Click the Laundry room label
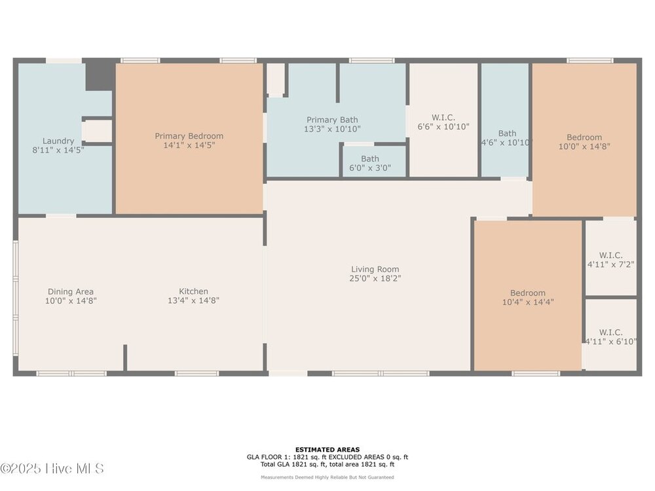point(58,141)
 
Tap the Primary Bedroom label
point(189,136)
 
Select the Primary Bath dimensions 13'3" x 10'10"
point(332,129)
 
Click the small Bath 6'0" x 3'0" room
point(370,163)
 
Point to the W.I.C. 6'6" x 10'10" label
point(443,122)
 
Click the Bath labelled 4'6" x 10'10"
point(507,137)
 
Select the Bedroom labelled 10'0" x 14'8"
point(584,141)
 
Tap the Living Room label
point(375,269)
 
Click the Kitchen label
point(193,291)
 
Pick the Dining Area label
point(71,292)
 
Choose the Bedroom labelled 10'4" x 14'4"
point(528,297)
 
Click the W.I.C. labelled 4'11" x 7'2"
point(610,260)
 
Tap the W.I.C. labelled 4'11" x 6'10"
point(610,337)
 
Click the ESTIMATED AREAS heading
point(327,450)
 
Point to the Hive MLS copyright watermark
point(52,469)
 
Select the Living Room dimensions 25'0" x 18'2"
point(375,278)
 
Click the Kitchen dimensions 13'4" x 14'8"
point(193,300)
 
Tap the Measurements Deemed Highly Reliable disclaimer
point(327,477)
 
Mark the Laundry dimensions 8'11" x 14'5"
point(58,151)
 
